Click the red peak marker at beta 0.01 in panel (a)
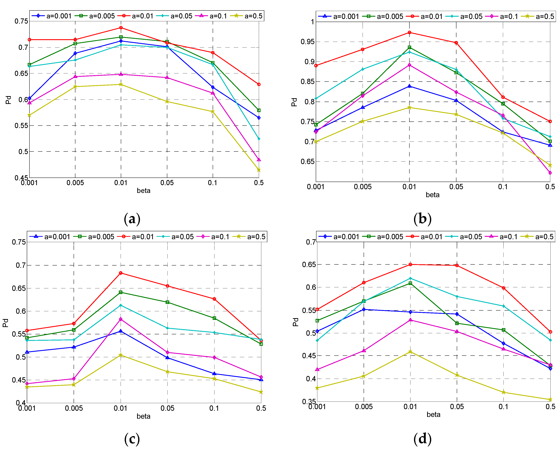pyautogui.click(x=121, y=27)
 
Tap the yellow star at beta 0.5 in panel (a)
pyautogui.click(x=259, y=170)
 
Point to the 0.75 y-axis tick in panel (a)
pyautogui.click(x=21, y=21)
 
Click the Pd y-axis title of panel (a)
pyautogui.click(x=8, y=100)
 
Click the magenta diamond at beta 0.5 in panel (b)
pyautogui.click(x=550, y=173)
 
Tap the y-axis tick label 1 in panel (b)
pyautogui.click(x=313, y=22)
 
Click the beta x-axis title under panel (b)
pyautogui.click(x=432, y=195)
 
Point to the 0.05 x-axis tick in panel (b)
pyautogui.click(x=456, y=187)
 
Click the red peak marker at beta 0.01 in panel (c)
pyautogui.click(x=121, y=273)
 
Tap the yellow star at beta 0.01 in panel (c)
pyautogui.click(x=121, y=355)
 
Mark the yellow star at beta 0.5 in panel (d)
pyautogui.click(x=550, y=400)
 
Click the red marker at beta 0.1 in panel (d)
pyautogui.click(x=503, y=288)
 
